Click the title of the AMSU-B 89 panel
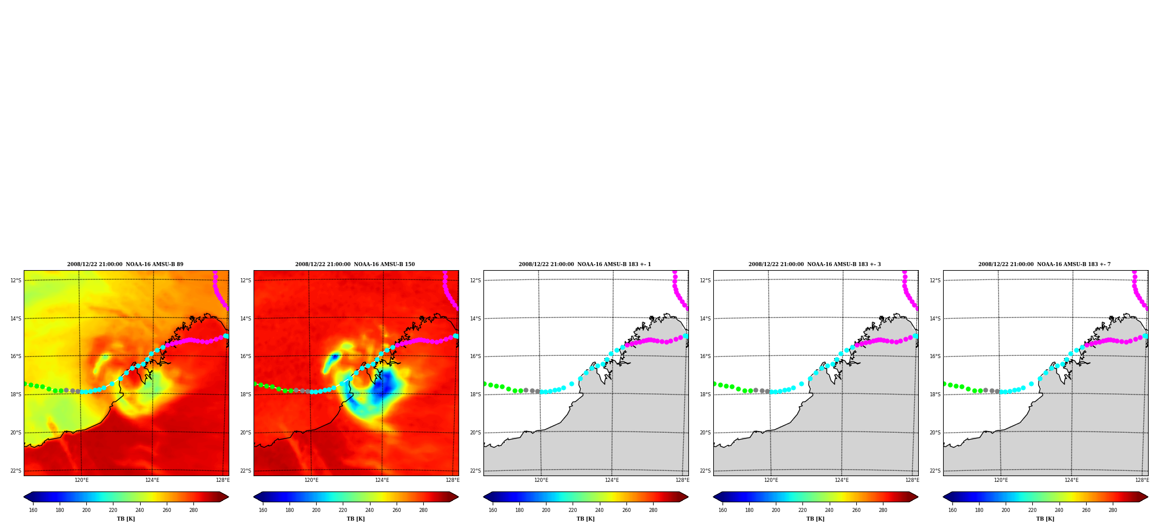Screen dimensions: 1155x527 click(125, 264)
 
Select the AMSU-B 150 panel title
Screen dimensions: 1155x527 click(355, 264)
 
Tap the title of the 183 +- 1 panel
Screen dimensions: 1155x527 click(585, 264)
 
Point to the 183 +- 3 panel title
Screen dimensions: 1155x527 click(815, 264)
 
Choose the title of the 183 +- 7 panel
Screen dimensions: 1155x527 click(1044, 264)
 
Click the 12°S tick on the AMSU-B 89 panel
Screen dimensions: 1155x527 click(16, 281)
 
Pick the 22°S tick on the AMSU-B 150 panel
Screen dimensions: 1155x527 click(245, 471)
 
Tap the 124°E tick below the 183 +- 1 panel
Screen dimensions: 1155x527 click(612, 480)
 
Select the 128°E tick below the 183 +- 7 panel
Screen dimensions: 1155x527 click(1142, 480)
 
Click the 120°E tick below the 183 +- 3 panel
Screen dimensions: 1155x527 click(771, 480)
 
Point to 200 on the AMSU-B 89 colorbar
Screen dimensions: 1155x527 click(86, 510)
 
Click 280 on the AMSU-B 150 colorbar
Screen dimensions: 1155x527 click(423, 510)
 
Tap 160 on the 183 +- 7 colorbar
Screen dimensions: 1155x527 click(952, 510)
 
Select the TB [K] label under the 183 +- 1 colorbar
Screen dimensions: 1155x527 click(585, 519)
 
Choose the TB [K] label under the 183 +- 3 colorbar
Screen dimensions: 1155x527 click(815, 519)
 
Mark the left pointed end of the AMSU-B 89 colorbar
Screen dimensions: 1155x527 click(24, 497)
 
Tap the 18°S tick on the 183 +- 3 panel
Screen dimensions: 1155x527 click(705, 395)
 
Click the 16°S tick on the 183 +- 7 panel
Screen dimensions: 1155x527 click(935, 356)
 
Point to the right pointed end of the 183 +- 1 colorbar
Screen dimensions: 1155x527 click(688, 497)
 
